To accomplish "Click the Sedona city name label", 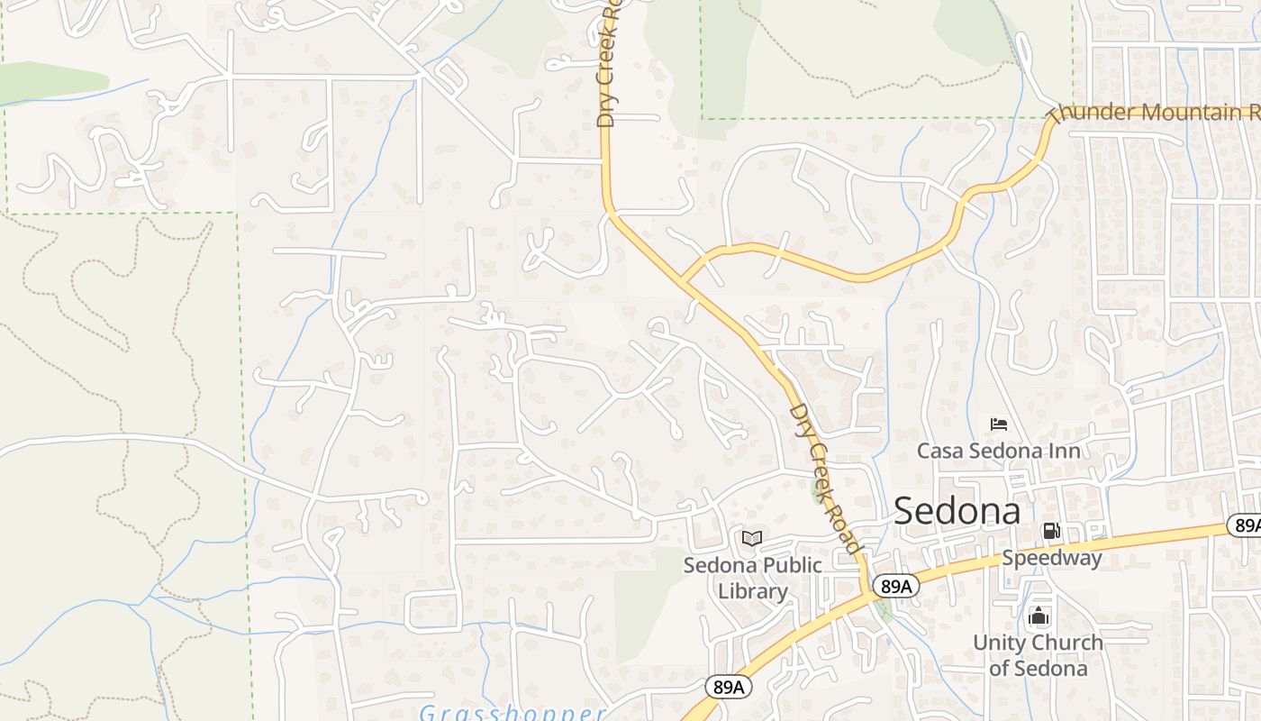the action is coord(957,511).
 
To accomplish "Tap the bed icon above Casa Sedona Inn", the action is coord(998,424).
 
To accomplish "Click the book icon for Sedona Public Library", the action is coord(752,538).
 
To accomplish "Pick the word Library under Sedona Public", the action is coord(752,591).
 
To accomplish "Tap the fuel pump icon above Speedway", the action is coord(1051,531).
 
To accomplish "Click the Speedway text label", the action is coord(1051,558).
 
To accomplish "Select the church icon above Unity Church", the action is coord(1039,616).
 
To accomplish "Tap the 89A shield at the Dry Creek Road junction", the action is coord(896,587).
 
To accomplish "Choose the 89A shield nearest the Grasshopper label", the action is coord(728,688).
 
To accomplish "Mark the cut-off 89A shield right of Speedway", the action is coord(1245,525).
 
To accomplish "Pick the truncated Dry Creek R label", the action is coord(609,63).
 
